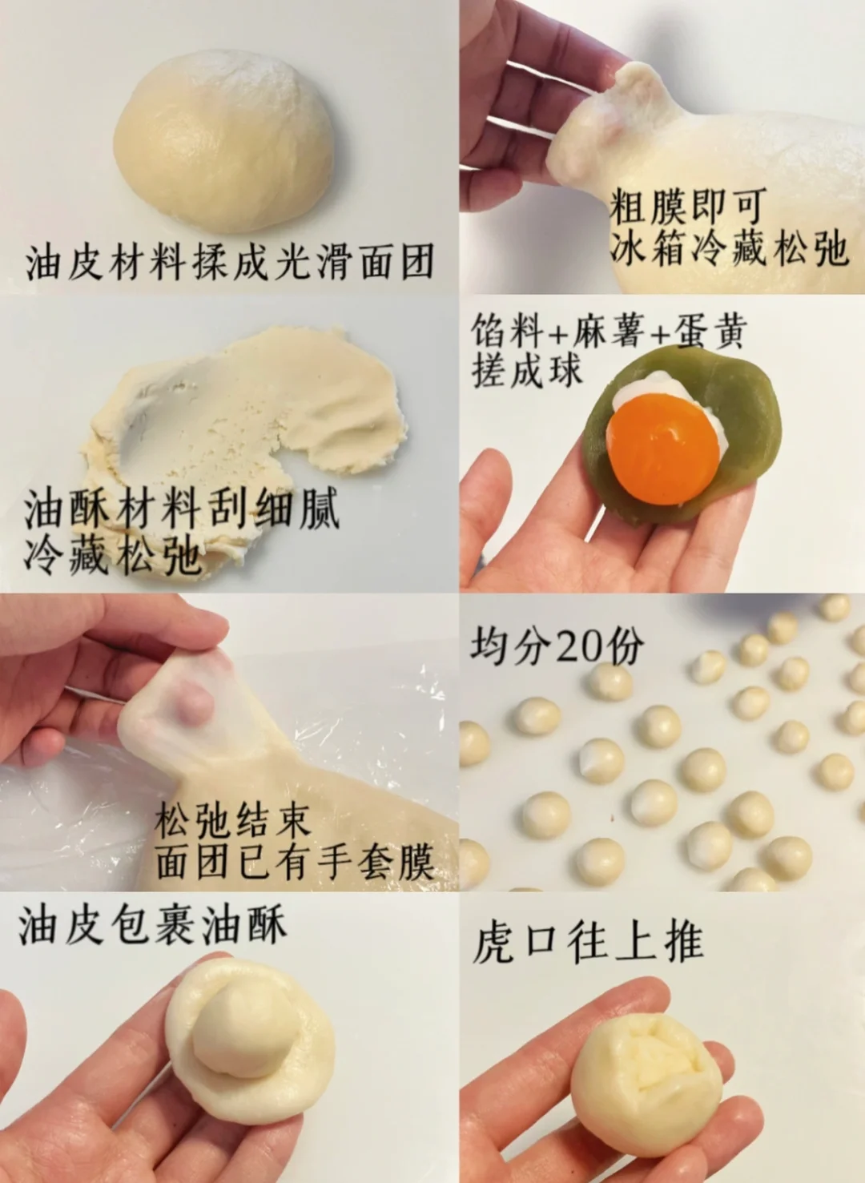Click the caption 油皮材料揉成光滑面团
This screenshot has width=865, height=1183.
[x=230, y=261]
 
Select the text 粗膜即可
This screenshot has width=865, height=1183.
[x=687, y=207]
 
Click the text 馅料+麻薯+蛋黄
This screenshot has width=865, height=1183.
[x=609, y=329]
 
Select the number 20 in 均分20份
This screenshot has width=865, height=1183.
[x=579, y=646]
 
